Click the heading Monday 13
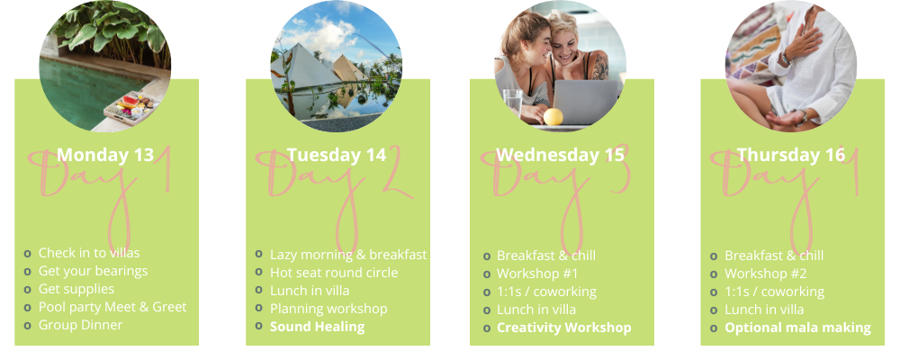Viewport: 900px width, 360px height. (105, 155)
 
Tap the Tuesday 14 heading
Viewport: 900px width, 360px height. (337, 155)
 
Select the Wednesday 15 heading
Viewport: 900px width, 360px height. (560, 155)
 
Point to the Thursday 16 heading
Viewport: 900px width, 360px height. (791, 155)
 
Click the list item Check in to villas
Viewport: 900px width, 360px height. (89, 253)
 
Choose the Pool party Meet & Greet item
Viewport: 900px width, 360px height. (112, 307)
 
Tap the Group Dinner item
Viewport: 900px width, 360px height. (80, 325)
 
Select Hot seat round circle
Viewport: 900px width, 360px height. (334, 273)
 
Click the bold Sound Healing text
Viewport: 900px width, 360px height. (317, 327)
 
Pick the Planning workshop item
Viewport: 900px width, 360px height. (328, 309)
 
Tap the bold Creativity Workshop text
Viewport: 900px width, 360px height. (563, 328)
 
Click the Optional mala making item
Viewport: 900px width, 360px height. (797, 328)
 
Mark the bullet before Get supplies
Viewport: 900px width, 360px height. (28, 290)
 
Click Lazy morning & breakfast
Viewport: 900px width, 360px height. (348, 255)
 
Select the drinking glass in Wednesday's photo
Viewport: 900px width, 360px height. (512, 102)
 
